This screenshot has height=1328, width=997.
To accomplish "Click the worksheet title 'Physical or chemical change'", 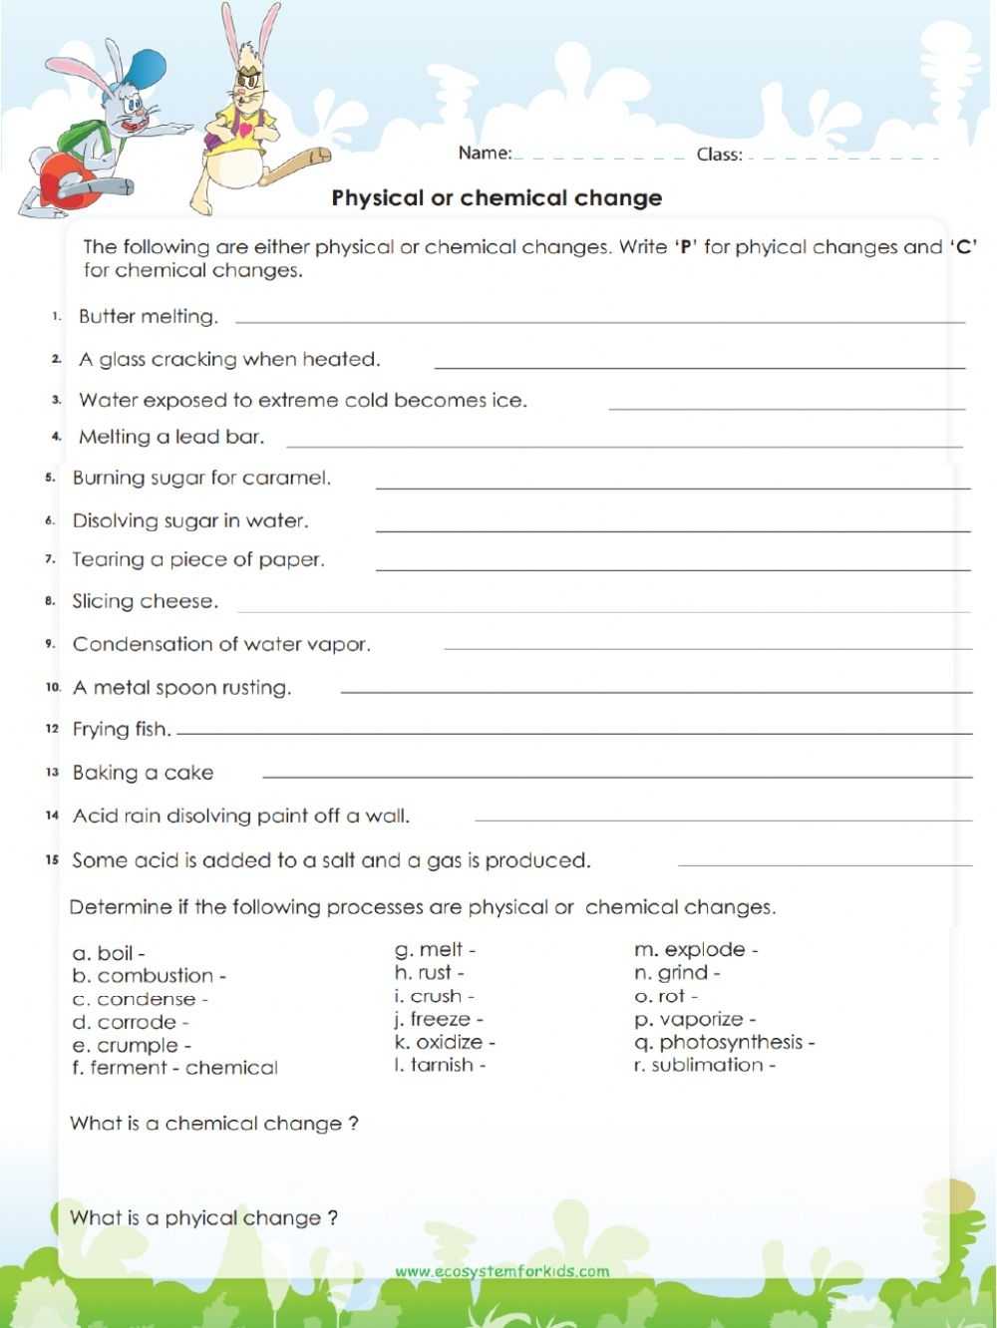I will pyautogui.click(x=497, y=197).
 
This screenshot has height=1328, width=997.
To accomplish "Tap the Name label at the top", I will pyautogui.click(x=485, y=154).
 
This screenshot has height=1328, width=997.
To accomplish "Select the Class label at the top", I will pyautogui.click(x=719, y=155).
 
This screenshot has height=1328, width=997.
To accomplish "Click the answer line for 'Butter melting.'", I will pyautogui.click(x=599, y=322).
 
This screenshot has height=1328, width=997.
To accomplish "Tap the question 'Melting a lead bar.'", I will pyautogui.click(x=171, y=437).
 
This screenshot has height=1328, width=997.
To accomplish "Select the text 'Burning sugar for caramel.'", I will pyautogui.click(x=201, y=479).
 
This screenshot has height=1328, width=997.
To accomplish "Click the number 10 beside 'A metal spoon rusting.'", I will pyautogui.click(x=53, y=688).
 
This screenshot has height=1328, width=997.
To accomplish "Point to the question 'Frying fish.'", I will pyautogui.click(x=122, y=730).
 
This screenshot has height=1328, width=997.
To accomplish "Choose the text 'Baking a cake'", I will pyautogui.click(x=143, y=773).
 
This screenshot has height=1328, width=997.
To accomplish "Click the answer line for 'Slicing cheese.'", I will pyautogui.click(x=603, y=610).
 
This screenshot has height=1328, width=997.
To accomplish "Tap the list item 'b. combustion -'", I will pyautogui.click(x=150, y=976).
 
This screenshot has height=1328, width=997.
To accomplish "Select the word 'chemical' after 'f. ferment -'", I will pyautogui.click(x=231, y=1068).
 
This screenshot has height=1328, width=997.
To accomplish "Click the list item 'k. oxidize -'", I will pyautogui.click(x=445, y=1042).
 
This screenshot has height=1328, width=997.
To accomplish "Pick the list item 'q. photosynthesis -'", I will pyautogui.click(x=725, y=1042).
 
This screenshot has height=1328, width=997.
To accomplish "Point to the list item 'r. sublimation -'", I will pyautogui.click(x=705, y=1065).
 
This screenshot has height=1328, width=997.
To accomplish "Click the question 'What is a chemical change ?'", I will pyautogui.click(x=213, y=1124).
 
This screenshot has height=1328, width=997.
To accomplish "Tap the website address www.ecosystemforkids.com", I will pyautogui.click(x=501, y=1271).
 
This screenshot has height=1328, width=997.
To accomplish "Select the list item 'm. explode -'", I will pyautogui.click(x=696, y=950).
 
